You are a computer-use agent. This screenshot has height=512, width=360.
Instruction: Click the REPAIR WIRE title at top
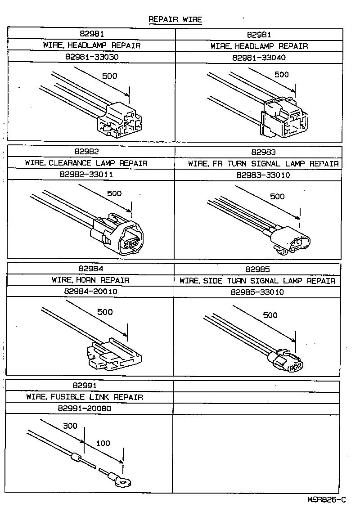(175, 19)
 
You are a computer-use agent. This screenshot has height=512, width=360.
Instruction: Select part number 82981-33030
(91, 58)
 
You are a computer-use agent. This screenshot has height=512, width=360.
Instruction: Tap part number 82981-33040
(259, 58)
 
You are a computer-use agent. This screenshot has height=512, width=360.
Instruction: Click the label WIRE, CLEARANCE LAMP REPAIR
(86, 163)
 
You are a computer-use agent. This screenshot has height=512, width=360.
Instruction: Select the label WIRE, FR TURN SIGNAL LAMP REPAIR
(263, 164)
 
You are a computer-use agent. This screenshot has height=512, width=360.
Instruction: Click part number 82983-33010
(263, 175)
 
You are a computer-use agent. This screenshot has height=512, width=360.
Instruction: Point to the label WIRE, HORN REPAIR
(90, 280)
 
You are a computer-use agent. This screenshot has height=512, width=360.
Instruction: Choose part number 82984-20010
(90, 292)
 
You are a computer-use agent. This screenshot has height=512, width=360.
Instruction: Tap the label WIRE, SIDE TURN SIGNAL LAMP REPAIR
(257, 281)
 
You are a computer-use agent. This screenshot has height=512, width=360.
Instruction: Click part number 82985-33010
(257, 292)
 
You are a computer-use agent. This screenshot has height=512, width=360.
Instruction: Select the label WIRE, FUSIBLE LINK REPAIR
(85, 397)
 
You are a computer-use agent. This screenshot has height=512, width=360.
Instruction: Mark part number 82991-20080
(85, 409)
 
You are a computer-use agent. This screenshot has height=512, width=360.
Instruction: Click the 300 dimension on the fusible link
(70, 426)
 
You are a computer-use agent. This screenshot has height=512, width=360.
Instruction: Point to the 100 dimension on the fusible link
(103, 443)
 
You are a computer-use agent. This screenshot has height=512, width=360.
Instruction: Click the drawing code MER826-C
(327, 499)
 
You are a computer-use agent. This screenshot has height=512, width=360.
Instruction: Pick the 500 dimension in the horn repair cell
(105, 312)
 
